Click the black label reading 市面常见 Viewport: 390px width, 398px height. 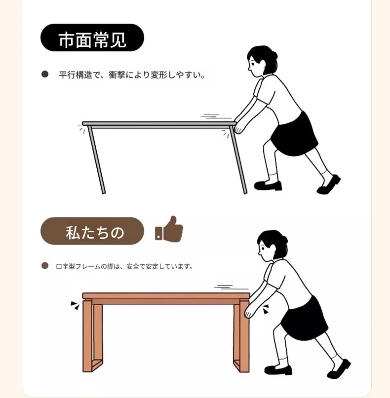(x=92, y=37)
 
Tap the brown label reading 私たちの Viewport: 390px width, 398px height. (x=92, y=231)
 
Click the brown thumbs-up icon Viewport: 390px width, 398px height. (x=169, y=229)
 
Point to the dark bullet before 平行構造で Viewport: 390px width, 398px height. (x=45, y=74)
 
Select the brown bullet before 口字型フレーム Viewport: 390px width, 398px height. (x=45, y=266)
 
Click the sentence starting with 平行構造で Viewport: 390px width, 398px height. (x=132, y=75)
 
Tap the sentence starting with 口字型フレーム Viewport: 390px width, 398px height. (x=124, y=266)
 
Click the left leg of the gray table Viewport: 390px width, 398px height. (x=97, y=160)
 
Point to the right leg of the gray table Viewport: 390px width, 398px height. (x=238, y=160)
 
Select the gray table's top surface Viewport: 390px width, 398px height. (x=159, y=124)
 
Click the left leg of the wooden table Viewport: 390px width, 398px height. (x=92, y=335)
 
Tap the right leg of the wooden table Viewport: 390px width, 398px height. (x=241, y=335)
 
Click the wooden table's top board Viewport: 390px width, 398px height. (x=166, y=296)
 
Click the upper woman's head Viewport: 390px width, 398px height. (x=262, y=62)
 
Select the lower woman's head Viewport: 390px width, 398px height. (x=272, y=246)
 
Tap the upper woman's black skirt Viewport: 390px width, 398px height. (x=295, y=135)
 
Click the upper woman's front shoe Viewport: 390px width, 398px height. (x=268, y=185)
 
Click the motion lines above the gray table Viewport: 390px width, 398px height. (x=216, y=116)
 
